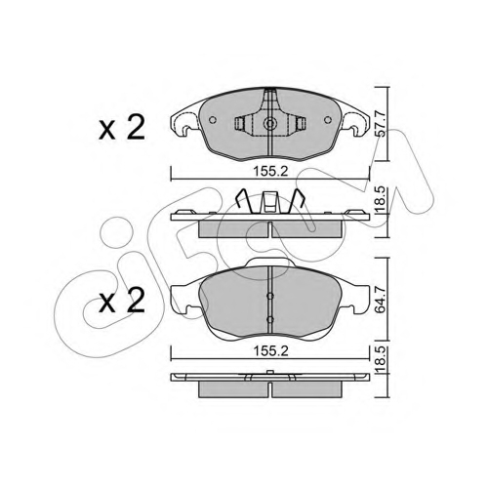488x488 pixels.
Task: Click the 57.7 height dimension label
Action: tap(381, 124)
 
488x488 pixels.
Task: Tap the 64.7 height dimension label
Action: tap(381, 300)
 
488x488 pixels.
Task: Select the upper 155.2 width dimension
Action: tap(271, 171)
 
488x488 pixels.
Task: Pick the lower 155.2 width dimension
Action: tap(271, 351)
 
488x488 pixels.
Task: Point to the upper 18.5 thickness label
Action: tap(381, 199)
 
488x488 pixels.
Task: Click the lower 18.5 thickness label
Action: tap(381, 360)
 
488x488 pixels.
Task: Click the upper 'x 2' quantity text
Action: tap(122, 128)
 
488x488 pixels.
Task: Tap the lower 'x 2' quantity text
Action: tap(122, 301)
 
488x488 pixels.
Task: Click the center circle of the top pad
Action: tap(269, 123)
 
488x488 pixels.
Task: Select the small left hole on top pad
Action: tap(213, 120)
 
